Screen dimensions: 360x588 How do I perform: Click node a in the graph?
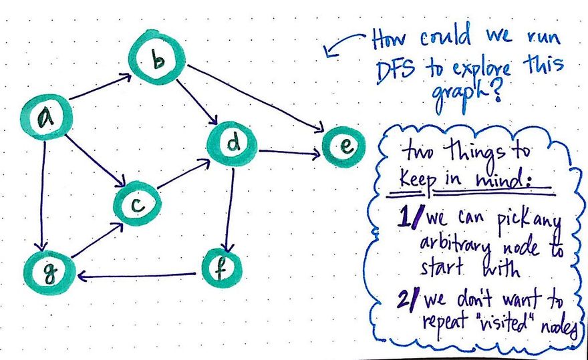coord(45,118)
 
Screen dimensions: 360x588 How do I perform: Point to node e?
coord(343,147)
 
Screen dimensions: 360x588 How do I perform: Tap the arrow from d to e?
coord(287,154)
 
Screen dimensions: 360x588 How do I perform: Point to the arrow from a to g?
coord(43,194)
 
